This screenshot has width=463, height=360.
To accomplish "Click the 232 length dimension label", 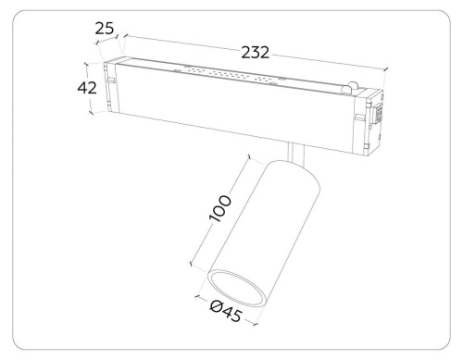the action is click(255, 53).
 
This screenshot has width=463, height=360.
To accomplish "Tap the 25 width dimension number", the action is click(105, 29).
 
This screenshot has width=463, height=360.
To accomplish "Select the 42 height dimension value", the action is click(87, 88).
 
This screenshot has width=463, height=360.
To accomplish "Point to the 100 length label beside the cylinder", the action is click(219, 208).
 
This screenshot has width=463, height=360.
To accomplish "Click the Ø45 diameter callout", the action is click(226, 312).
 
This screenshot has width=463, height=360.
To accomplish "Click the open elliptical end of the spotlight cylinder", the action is click(237, 288).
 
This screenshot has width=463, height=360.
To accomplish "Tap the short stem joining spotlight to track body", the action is click(296, 153).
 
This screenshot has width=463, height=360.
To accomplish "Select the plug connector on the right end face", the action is click(378, 114).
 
